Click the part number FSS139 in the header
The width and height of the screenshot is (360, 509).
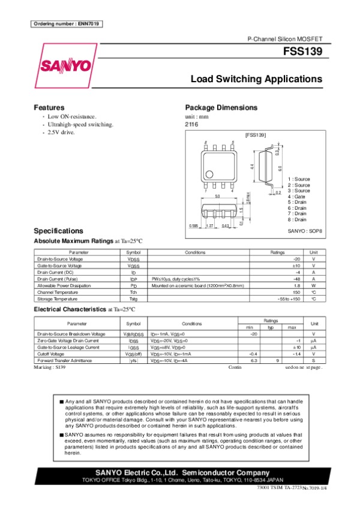point(307,52)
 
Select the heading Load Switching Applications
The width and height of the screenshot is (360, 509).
point(256,79)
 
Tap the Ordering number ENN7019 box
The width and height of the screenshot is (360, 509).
point(65,24)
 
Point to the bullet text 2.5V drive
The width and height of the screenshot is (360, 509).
point(61,132)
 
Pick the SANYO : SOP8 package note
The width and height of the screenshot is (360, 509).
point(305,230)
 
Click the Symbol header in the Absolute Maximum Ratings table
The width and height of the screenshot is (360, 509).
point(133,252)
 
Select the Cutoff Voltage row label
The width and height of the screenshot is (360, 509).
point(51,354)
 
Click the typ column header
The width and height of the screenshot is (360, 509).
point(271,327)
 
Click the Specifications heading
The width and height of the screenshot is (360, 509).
point(58,231)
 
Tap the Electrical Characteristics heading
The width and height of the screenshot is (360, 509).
point(70,309)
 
